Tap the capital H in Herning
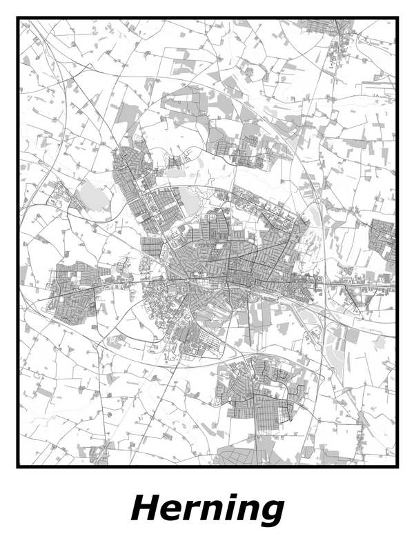(147, 508)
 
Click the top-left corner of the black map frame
(19, 19)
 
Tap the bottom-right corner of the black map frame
(397, 466)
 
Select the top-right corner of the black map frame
(397, 19)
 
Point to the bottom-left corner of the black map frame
(19, 466)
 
